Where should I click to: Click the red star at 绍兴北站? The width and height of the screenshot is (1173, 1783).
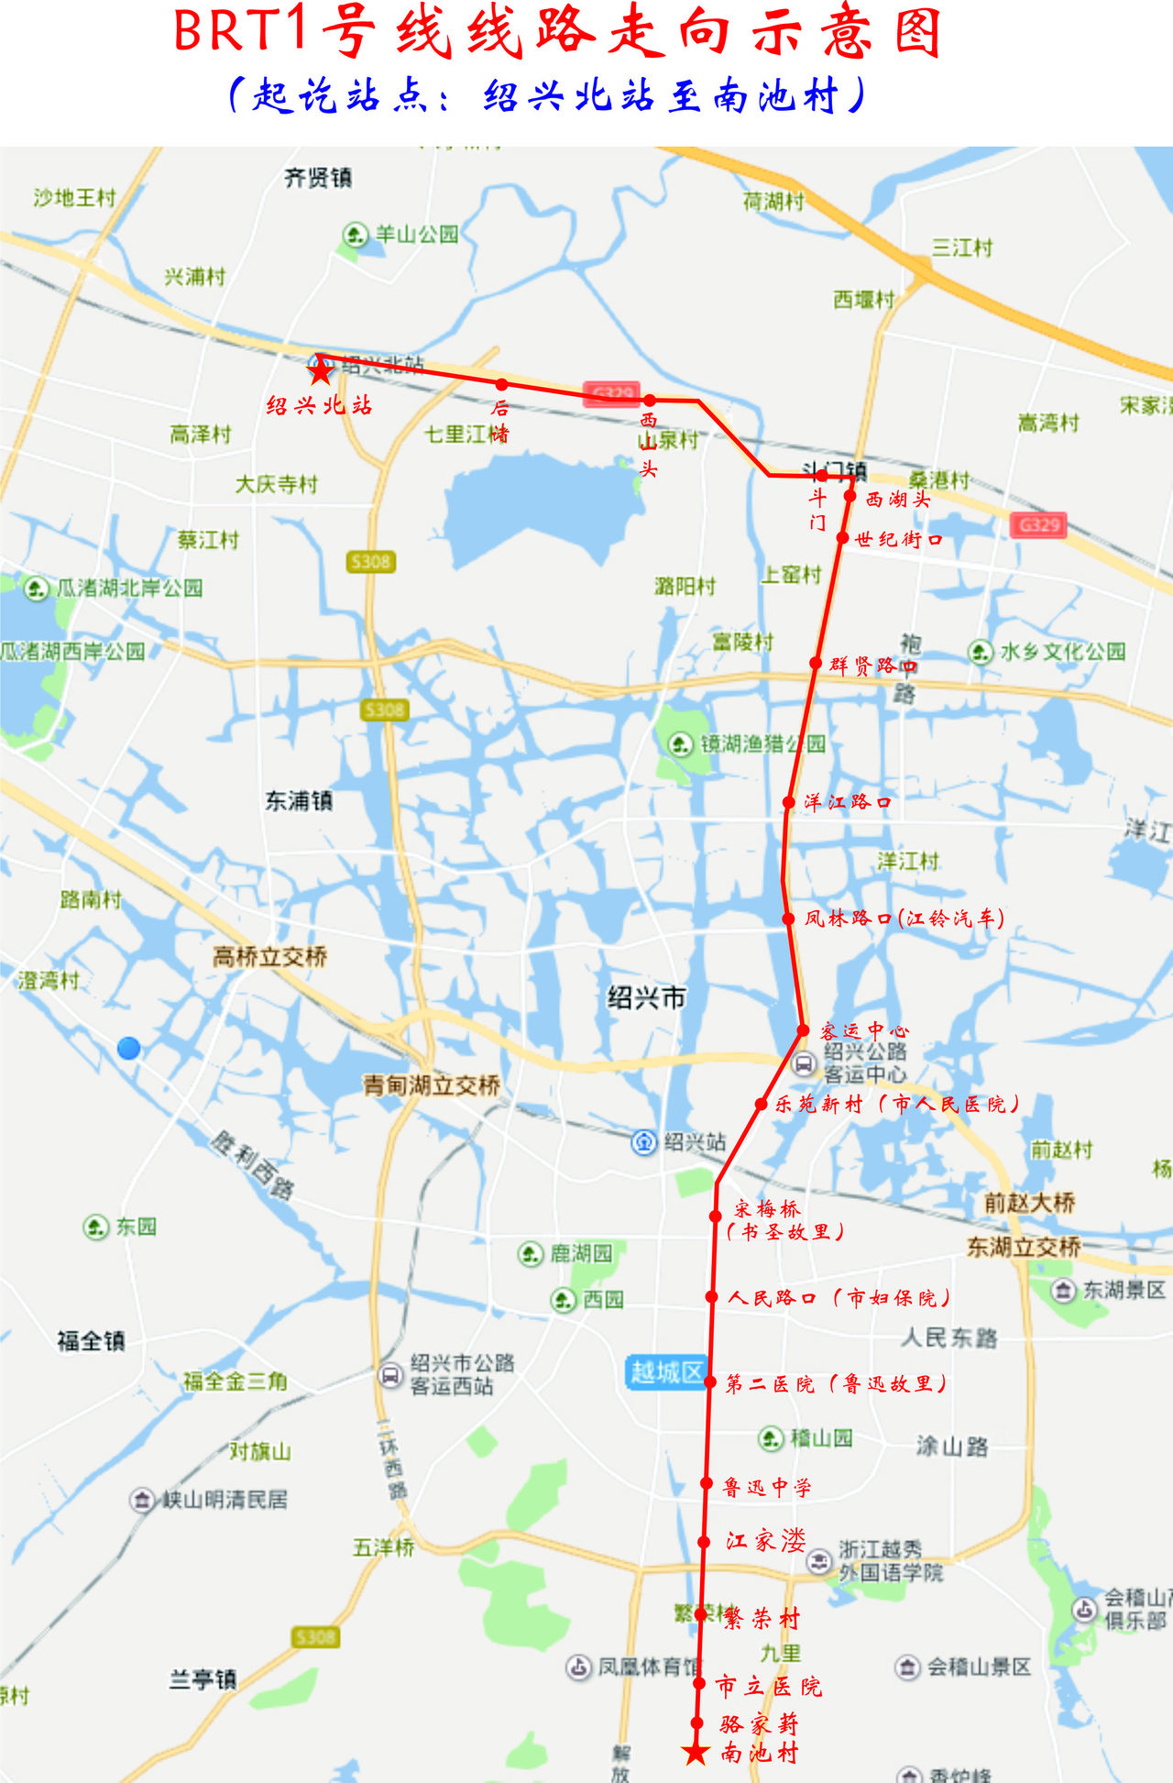tap(320, 370)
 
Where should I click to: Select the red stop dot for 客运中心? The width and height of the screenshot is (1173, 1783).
tap(803, 1030)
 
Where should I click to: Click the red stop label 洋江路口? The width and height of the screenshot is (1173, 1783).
tap(847, 802)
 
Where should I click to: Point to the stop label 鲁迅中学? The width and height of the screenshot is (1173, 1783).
tap(767, 1487)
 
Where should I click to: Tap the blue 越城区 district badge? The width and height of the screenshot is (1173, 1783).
tap(666, 1371)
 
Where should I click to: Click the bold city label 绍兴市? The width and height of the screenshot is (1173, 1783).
tap(646, 997)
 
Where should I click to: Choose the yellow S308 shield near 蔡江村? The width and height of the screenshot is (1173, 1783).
tap(370, 561)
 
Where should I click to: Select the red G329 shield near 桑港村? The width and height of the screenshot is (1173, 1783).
tap(1038, 525)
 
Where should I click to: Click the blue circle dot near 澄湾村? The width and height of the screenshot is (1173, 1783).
tap(129, 1048)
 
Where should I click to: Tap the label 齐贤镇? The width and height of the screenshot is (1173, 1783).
tap(318, 178)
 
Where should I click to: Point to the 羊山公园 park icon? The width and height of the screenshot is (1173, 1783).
tap(355, 235)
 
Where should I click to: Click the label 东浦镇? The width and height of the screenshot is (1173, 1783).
tap(299, 800)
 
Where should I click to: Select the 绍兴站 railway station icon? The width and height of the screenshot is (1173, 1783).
tap(644, 1142)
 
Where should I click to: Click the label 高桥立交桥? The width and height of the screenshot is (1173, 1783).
tap(270, 957)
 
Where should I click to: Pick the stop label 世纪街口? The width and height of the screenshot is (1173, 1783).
tap(898, 539)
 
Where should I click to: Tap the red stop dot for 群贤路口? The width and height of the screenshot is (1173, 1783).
tap(816, 663)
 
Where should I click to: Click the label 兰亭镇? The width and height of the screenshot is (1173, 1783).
tap(203, 1679)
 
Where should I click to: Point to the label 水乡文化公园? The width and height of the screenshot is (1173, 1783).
tap(1062, 652)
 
